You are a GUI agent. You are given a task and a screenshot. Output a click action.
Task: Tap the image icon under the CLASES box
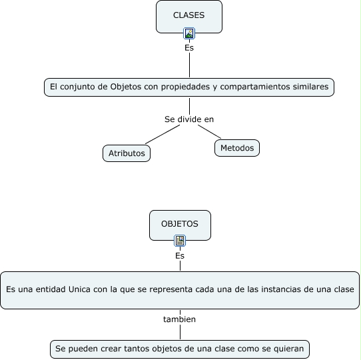(x=189, y=33)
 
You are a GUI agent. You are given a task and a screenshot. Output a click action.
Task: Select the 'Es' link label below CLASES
(x=189, y=48)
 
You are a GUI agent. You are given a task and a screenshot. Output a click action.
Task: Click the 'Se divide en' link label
(x=189, y=119)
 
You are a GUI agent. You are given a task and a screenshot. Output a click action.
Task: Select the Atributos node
(x=127, y=153)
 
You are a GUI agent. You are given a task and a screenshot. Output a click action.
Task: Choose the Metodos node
(x=236, y=148)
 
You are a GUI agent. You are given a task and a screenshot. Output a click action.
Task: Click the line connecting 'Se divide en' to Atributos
(x=163, y=135)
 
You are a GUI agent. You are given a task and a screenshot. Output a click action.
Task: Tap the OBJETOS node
(x=180, y=225)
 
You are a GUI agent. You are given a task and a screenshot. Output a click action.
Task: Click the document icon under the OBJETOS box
(x=180, y=241)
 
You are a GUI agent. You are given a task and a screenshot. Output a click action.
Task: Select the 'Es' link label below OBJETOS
(x=180, y=256)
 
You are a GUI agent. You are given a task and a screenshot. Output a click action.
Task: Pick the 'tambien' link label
(x=180, y=319)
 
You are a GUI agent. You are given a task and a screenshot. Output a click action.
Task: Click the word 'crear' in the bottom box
(x=107, y=349)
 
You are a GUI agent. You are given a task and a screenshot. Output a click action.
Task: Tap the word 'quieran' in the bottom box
(x=288, y=349)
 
